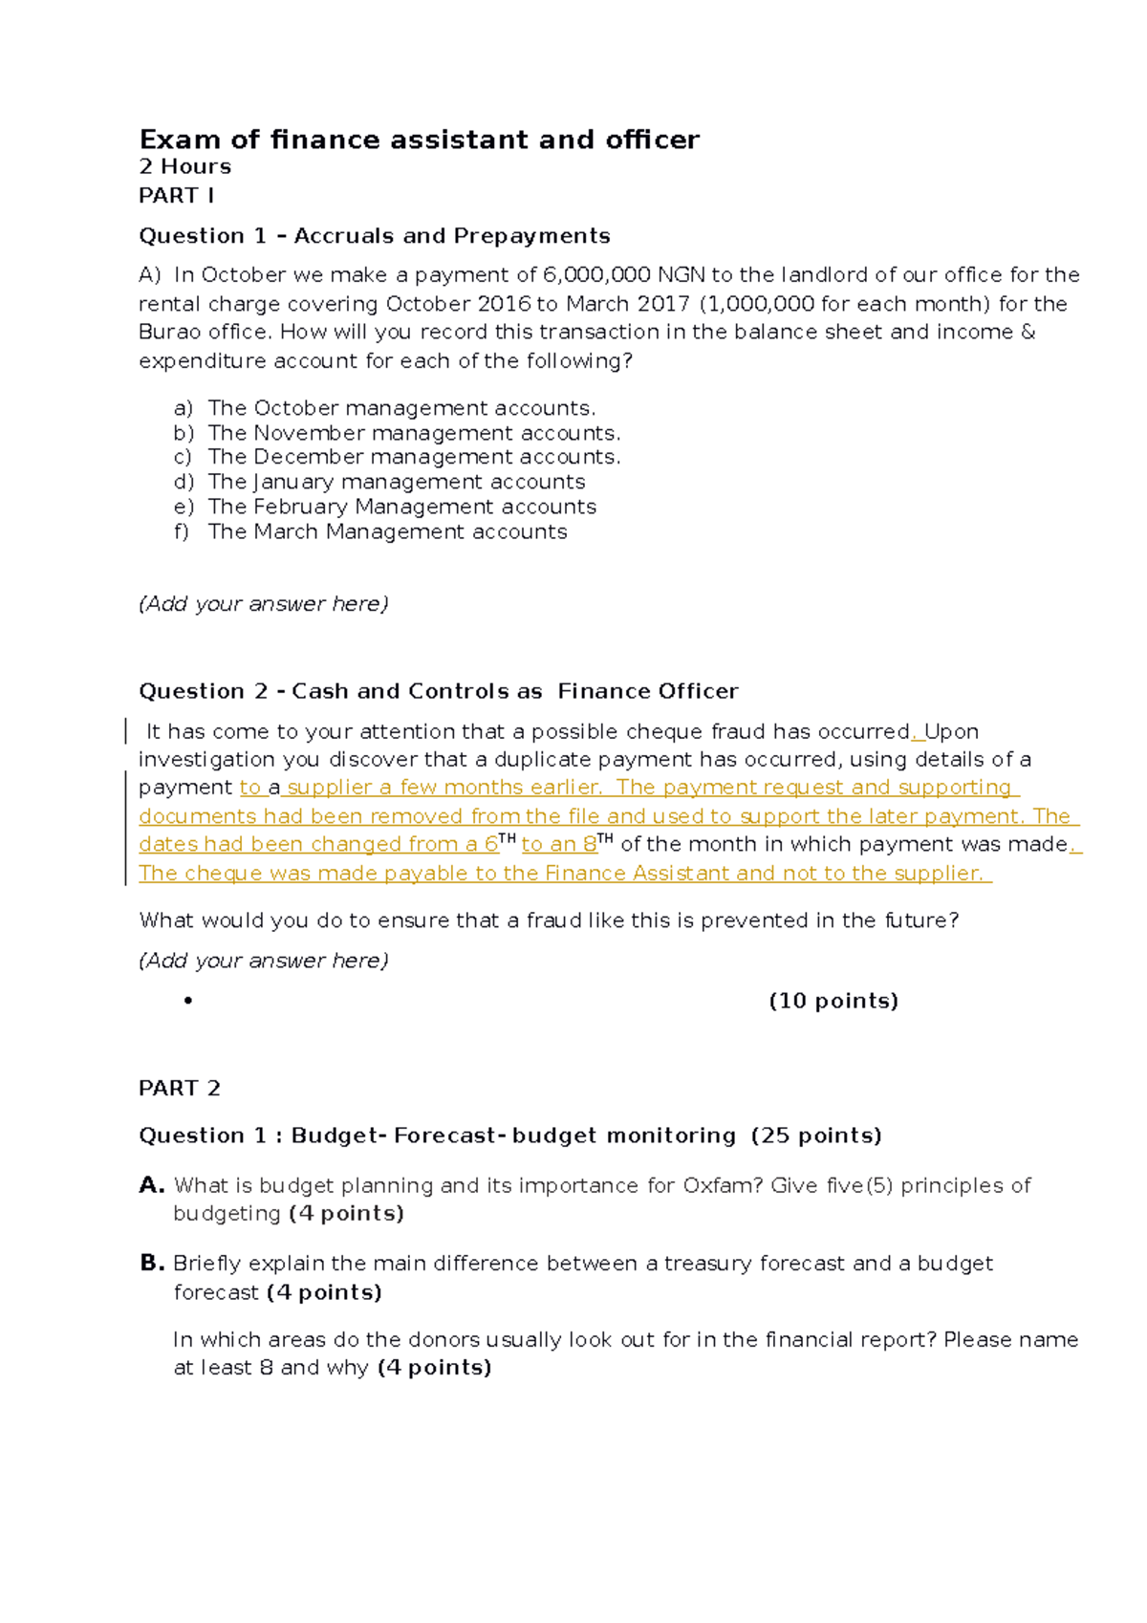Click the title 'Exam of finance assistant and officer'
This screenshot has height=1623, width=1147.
[x=419, y=140]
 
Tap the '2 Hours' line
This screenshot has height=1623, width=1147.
[x=184, y=166]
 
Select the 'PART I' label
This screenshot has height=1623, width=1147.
[x=176, y=195]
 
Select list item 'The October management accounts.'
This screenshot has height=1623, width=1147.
[x=401, y=408]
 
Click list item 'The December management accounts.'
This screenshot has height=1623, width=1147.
[x=414, y=457]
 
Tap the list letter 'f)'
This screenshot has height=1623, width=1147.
[x=182, y=531]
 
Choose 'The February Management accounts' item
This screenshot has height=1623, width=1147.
[x=401, y=507]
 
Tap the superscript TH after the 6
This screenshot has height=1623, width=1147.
[x=508, y=838]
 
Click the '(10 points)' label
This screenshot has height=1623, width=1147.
[x=833, y=1001]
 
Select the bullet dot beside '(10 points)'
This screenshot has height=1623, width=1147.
[x=188, y=1001]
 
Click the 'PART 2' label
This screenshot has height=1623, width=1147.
[x=180, y=1088]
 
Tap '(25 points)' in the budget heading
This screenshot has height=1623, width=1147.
[x=816, y=1136]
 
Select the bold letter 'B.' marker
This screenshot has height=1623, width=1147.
[x=152, y=1263]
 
